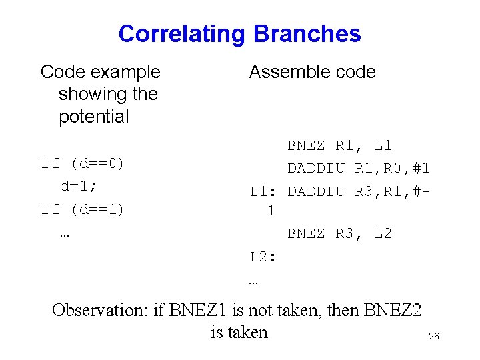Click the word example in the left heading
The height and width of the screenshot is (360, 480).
tap(127, 72)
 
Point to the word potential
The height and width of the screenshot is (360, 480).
tap(93, 117)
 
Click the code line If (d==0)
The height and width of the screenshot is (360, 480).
tap(83, 164)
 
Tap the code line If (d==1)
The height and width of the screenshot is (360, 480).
tap(83, 209)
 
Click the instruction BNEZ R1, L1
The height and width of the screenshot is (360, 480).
tap(339, 145)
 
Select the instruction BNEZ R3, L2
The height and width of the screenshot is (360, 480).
tap(339, 234)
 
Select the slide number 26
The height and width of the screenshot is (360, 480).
tap(433, 337)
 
